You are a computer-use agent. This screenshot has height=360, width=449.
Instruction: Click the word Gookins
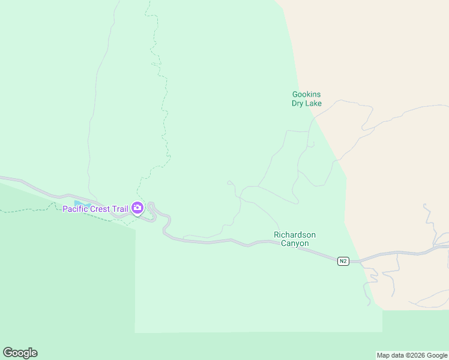tap(307, 94)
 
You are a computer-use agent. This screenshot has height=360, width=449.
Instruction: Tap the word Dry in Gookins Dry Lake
tap(298, 103)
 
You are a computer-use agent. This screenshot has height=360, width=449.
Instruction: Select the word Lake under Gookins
tap(314, 103)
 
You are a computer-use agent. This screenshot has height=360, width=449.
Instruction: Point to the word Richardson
tap(294, 235)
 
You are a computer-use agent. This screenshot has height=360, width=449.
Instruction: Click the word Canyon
tap(294, 243)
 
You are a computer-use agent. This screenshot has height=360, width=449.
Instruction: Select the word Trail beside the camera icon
tap(121, 209)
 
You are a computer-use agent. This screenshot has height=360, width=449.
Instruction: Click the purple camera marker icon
tap(137, 208)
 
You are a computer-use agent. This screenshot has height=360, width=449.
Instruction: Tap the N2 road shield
tap(343, 261)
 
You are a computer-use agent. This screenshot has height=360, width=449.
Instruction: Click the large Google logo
tap(20, 353)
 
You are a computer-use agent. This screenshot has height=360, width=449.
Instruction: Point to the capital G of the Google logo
tap(8, 353)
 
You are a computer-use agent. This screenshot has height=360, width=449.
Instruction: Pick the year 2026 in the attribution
tap(416, 355)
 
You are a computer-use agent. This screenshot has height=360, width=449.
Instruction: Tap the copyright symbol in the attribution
tap(409, 355)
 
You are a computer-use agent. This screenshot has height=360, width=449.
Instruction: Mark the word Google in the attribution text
tap(437, 355)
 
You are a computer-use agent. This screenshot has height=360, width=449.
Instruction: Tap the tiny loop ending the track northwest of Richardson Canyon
tap(229, 181)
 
